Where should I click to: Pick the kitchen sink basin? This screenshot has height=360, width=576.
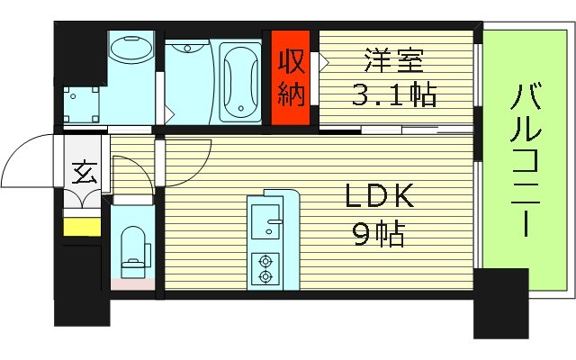click(265, 217)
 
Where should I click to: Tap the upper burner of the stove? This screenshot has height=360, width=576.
click(266, 261)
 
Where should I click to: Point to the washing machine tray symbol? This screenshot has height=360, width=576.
click(85, 103)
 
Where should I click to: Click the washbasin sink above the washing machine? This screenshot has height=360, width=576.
click(130, 49)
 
